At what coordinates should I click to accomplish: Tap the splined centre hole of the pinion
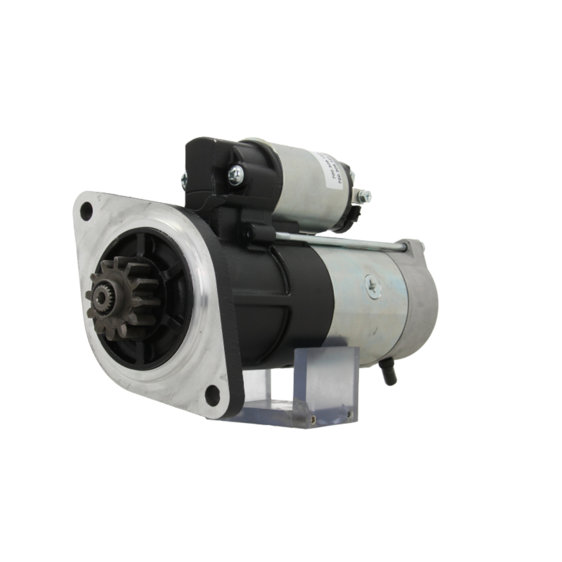101,298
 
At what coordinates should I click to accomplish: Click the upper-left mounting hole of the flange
86,211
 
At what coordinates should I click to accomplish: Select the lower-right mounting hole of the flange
212,395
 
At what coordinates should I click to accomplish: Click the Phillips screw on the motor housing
372,286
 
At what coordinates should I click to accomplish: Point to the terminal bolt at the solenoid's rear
364,196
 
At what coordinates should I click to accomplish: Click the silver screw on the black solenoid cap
235,174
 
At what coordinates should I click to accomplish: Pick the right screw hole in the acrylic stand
349,414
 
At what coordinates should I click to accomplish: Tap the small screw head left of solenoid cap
184,179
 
